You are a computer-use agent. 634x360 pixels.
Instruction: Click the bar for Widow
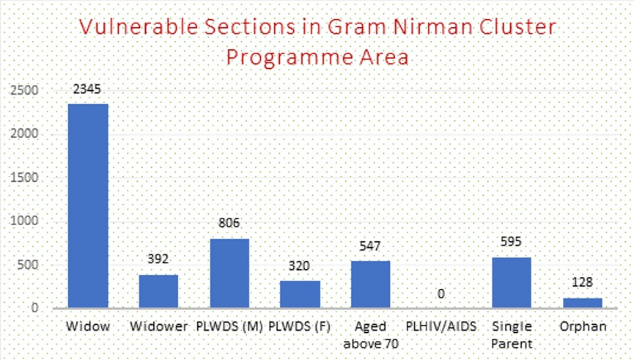tap(88, 205)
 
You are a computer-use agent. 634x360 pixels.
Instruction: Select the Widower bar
tap(158, 291)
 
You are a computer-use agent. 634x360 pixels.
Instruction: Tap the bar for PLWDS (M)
tap(229, 273)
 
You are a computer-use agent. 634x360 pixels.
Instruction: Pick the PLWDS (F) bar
tap(300, 294)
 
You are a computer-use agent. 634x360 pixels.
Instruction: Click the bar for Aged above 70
tap(370, 284)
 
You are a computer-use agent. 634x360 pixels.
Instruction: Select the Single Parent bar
tap(512, 282)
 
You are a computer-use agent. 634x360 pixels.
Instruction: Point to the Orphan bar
tap(582, 302)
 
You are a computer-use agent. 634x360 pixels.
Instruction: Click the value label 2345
tap(87, 89)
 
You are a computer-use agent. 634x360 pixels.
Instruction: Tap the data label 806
tap(229, 224)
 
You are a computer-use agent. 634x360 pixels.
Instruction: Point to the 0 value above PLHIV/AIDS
tap(441, 293)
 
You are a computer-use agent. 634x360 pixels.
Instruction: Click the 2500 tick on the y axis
tap(24, 90)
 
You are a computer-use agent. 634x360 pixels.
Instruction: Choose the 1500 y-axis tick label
tap(24, 177)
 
